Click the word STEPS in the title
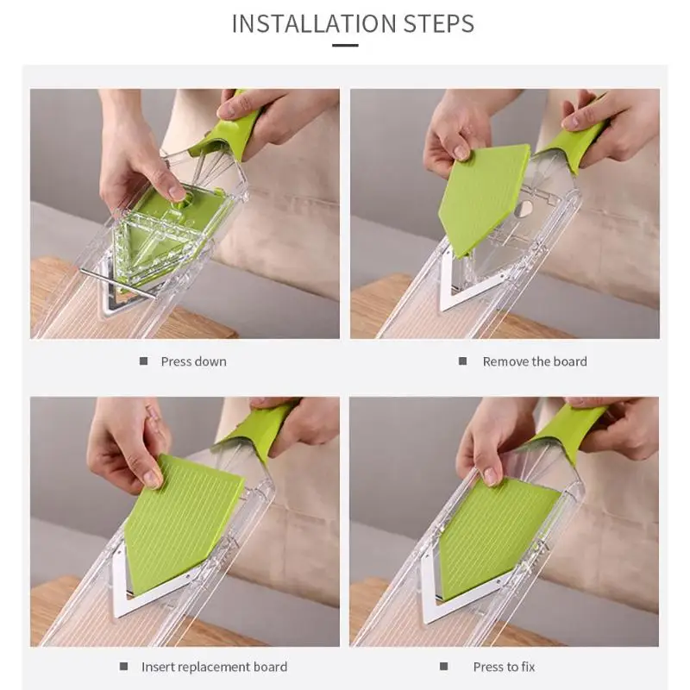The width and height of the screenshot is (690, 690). pyautogui.click(x=439, y=24)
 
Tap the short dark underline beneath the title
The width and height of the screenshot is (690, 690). pyautogui.click(x=345, y=45)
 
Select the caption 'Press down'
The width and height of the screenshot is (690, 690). pyautogui.click(x=193, y=361)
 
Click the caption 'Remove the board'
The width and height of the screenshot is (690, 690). pyautogui.click(x=535, y=361)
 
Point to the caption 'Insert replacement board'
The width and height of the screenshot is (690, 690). pyautogui.click(x=214, y=667)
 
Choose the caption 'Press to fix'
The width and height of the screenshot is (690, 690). pyautogui.click(x=505, y=667)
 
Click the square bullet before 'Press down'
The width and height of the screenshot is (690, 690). pyautogui.click(x=143, y=361)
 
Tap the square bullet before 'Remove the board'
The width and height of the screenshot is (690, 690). pyautogui.click(x=462, y=361)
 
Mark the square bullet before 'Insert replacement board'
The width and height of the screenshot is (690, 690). pyautogui.click(x=123, y=666)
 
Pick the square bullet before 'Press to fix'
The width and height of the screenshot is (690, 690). pyautogui.click(x=443, y=666)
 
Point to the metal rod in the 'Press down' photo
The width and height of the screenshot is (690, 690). pyautogui.click(x=117, y=285)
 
